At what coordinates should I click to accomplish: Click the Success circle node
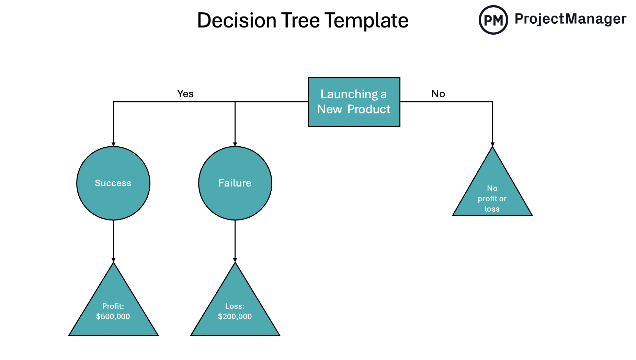click(113, 183)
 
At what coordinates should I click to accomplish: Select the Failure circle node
click(235, 183)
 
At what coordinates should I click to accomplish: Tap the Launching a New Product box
click(354, 102)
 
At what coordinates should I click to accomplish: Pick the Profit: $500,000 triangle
click(113, 309)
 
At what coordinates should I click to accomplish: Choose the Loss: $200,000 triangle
click(235, 309)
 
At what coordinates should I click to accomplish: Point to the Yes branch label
click(185, 94)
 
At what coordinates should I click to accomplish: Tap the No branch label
click(438, 94)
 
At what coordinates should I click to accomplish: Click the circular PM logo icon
click(493, 20)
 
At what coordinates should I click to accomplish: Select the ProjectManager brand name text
click(570, 19)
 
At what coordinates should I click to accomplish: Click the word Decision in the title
click(237, 21)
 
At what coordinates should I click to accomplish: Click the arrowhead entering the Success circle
click(113, 145)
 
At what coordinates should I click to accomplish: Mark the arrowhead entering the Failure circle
click(235, 145)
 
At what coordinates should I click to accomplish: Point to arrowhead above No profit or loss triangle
click(492, 145)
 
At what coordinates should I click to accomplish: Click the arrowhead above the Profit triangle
click(113, 260)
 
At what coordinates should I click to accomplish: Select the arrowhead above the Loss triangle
click(235, 260)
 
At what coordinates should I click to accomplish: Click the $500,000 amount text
click(113, 316)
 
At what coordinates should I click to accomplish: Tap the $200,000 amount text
click(235, 316)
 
